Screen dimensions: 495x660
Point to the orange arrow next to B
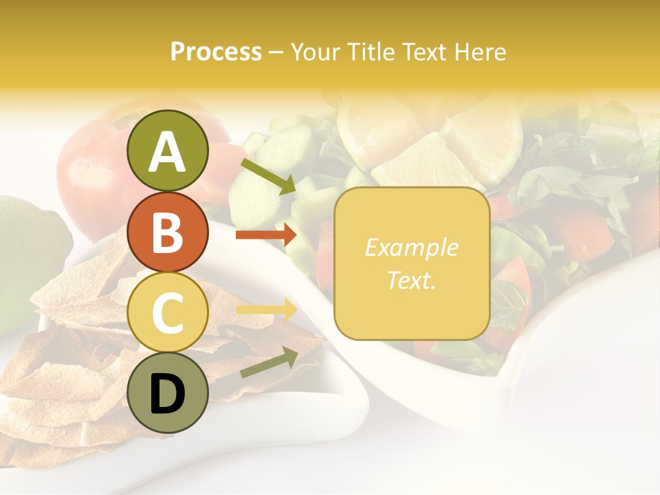(x=267, y=235)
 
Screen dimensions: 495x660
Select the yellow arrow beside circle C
(x=267, y=309)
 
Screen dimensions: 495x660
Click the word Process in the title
(x=216, y=52)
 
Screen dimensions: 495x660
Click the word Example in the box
(x=412, y=247)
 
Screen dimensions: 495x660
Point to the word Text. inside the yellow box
(x=412, y=280)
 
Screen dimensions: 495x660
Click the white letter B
(x=167, y=232)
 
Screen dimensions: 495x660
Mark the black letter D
(x=167, y=394)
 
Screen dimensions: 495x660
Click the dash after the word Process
(x=275, y=52)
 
